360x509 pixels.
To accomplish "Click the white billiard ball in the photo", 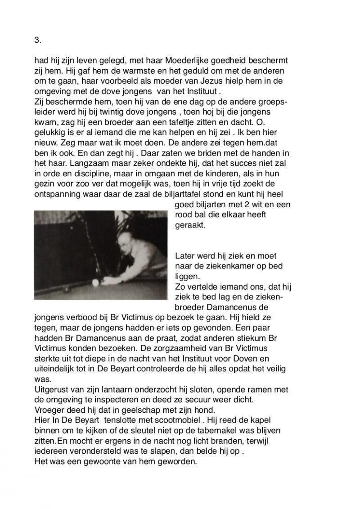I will tap(95, 284).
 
